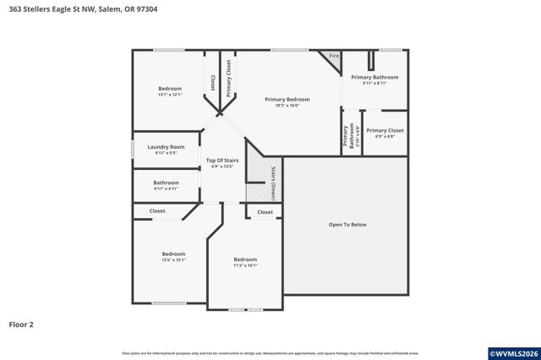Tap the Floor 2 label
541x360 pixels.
tap(22, 324)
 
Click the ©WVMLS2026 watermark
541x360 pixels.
tap(511, 352)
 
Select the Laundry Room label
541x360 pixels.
tap(166, 146)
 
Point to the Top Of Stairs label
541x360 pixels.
tap(222, 160)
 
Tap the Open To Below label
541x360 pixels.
tap(347, 225)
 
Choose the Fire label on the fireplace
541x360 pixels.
tap(334, 56)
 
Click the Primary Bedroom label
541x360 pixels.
tap(287, 100)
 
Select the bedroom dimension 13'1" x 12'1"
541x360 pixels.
tap(170, 95)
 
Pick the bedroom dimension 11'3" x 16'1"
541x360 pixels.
tap(245, 265)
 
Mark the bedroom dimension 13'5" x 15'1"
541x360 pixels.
tap(173, 260)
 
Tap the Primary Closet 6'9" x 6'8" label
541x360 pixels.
tap(385, 133)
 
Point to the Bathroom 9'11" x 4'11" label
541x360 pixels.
tap(166, 185)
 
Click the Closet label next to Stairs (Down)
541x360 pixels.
tap(265, 212)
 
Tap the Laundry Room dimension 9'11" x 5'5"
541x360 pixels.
tap(166, 153)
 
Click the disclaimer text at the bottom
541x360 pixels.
tap(270, 352)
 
